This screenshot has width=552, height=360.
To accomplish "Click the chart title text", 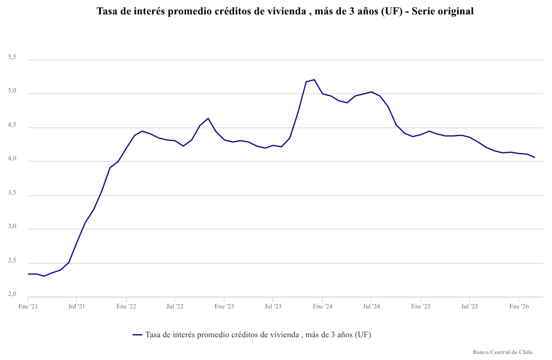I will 285,11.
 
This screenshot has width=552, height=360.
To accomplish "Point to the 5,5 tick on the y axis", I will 12,58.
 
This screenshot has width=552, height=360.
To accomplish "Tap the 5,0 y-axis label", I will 12,92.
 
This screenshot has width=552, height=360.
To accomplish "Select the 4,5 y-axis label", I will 12,126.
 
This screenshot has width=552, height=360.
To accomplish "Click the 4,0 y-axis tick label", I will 12,160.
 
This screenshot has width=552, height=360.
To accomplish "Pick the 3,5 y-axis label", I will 12,194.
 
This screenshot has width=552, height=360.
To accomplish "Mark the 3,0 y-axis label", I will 12,228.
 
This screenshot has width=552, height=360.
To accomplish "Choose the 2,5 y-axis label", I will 12,262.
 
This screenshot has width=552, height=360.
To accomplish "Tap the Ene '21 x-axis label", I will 28,306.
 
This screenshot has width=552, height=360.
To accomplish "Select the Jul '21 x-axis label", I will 76,306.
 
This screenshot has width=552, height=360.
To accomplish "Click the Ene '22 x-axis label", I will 126,306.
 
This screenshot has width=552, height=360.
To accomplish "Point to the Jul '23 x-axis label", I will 273,306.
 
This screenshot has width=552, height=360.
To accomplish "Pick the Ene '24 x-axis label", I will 322,306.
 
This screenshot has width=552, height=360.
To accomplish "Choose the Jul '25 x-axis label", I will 469,306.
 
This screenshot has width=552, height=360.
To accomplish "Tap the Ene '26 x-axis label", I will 519,306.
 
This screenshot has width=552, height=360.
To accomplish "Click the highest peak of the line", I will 314,80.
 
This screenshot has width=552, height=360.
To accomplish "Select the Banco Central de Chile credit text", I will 503,352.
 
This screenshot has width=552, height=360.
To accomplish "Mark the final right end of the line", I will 535,158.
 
